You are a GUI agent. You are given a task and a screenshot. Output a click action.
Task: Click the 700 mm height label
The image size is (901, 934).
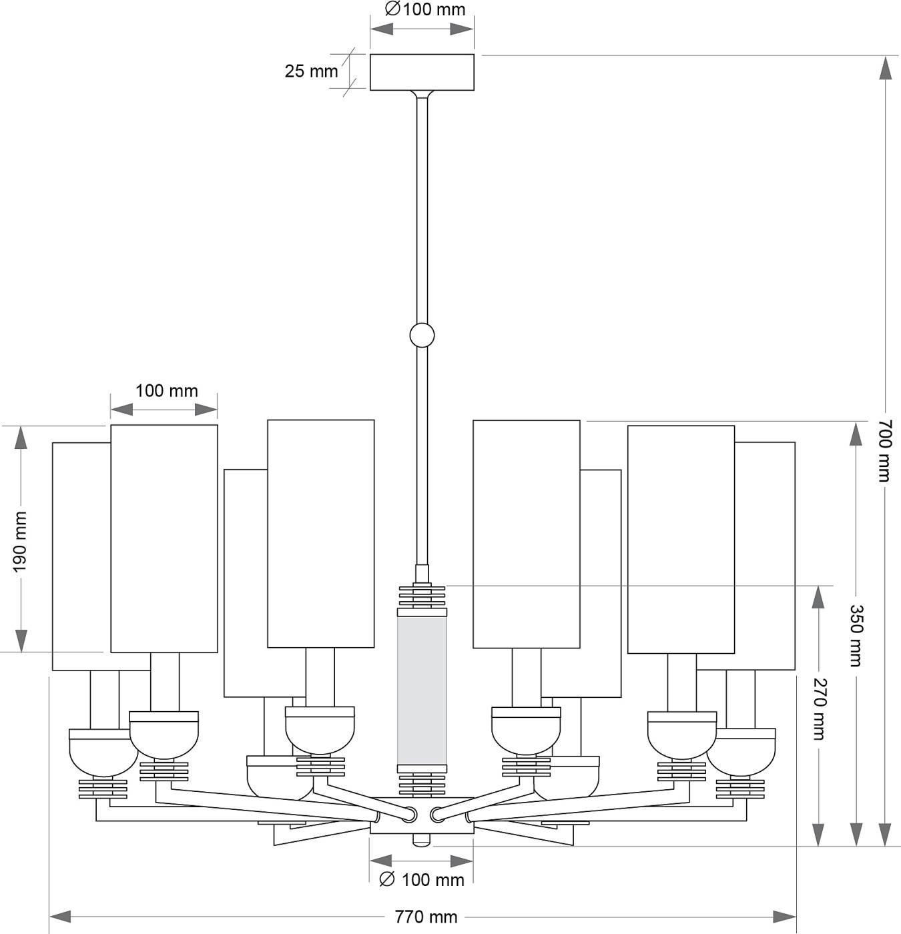(884, 451)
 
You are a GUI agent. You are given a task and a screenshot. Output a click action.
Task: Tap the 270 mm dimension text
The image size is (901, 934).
(819, 709)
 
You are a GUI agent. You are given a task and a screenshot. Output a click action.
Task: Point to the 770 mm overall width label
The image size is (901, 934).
(425, 917)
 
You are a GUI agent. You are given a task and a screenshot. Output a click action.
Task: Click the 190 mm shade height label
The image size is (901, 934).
(21, 542)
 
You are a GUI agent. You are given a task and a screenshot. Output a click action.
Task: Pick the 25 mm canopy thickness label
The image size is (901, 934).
(311, 71)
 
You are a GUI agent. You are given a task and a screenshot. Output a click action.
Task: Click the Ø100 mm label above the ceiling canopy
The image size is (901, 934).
(425, 10)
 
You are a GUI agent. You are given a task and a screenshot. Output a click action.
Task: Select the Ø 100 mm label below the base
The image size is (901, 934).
(421, 880)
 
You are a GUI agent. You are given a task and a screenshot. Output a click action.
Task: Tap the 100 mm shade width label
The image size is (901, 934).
(166, 391)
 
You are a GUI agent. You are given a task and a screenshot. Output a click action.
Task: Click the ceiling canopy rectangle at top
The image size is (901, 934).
(422, 72)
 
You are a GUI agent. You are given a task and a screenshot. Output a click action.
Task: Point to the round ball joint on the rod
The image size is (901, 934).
(422, 335)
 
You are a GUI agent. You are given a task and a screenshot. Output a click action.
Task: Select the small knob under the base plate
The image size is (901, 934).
(420, 839)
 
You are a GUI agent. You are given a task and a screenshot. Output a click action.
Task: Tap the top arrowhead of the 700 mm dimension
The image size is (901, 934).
(885, 68)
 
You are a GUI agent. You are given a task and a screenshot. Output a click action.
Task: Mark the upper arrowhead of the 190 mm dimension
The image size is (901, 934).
(21, 438)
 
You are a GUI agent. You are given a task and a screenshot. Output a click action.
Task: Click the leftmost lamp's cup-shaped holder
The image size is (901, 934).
(102, 754)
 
